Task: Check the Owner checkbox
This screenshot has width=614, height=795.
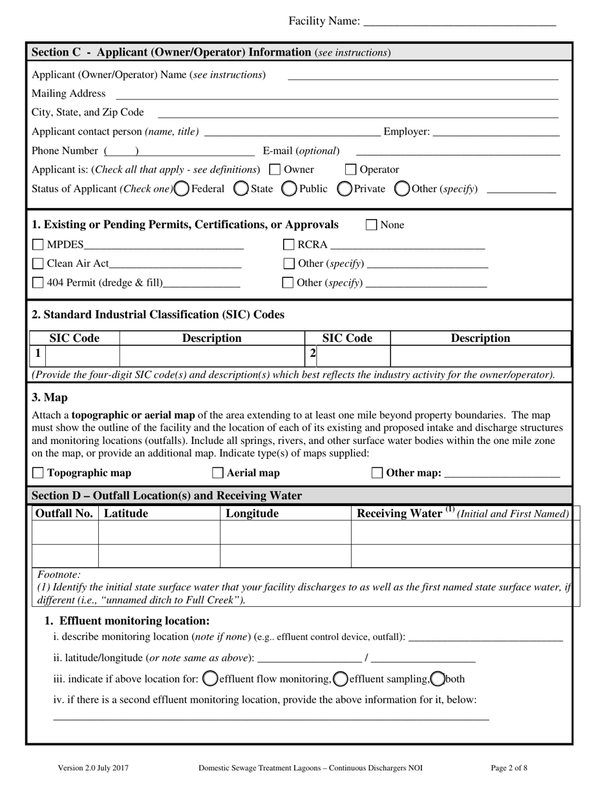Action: [274, 170]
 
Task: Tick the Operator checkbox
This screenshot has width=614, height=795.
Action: [351, 170]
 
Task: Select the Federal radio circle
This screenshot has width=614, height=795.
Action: [182, 189]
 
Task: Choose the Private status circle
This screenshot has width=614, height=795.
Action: [345, 189]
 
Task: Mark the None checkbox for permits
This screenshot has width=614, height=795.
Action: [372, 225]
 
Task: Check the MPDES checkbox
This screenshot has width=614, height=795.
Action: [38, 245]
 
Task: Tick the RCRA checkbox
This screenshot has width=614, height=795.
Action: [289, 245]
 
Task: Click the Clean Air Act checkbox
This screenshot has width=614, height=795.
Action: [38, 264]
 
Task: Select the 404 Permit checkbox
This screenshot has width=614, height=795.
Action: [38, 282]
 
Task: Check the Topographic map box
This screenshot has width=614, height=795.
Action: [38, 473]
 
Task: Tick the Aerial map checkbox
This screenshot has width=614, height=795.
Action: [218, 473]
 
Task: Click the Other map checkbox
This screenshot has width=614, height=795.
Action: [377, 473]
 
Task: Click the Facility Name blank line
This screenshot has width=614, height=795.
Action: [460, 21]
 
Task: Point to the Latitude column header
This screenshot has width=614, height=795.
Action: [126, 514]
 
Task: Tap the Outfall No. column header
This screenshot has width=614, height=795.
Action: [64, 514]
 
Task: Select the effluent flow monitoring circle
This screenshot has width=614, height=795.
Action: [211, 679]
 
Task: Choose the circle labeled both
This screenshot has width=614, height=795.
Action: [438, 679]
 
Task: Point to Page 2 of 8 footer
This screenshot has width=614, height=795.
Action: [509, 768]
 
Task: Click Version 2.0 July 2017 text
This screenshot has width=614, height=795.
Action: [93, 768]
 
